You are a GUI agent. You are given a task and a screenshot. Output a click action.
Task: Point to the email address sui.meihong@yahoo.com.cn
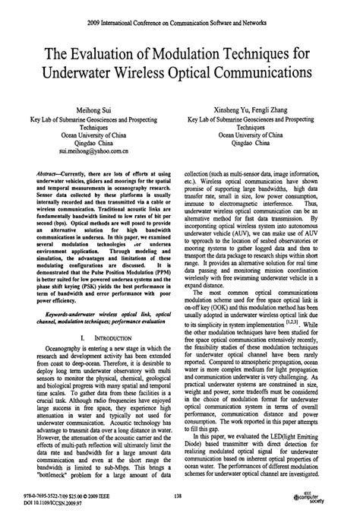click(93, 151)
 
